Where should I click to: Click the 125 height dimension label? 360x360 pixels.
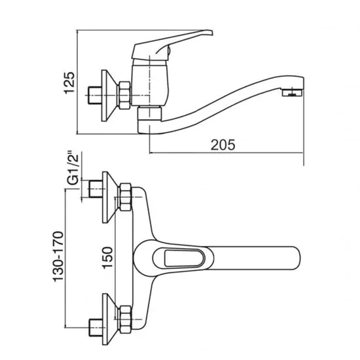(69, 83)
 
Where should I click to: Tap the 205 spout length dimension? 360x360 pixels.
(223, 145)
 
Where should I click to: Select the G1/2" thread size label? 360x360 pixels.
(73, 168)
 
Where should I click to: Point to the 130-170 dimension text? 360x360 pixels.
(58, 257)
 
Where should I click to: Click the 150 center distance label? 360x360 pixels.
(108, 258)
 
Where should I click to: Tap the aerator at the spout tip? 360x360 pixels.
(292, 92)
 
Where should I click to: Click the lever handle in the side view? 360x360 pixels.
(172, 44)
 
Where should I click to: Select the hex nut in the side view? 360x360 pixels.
(124, 96)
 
